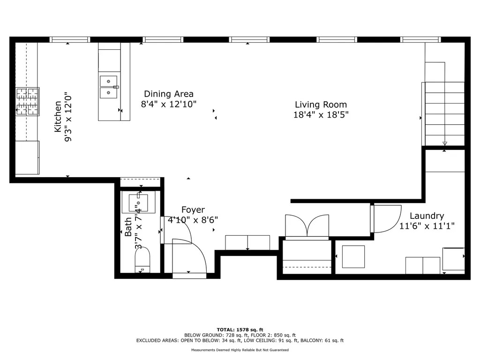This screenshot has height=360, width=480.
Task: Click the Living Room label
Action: click(x=321, y=105)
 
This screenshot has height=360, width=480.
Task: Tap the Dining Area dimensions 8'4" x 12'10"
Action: click(x=169, y=105)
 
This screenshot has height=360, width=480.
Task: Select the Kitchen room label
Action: click(x=58, y=117)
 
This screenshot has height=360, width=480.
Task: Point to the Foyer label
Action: click(x=193, y=210)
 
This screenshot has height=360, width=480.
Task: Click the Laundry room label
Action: click(x=427, y=216)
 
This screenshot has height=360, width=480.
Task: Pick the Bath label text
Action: click(x=128, y=227)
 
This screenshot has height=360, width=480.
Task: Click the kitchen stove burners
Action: click(x=28, y=102)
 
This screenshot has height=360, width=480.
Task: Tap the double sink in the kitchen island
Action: click(x=109, y=87)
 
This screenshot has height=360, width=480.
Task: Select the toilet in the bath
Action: click(x=142, y=260)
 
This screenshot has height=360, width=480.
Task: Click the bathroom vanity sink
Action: click(x=138, y=202)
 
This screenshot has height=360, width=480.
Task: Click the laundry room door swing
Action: click(x=386, y=219)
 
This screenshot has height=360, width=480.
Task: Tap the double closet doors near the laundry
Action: click(x=307, y=226)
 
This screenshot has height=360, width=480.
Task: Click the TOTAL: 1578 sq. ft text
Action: click(x=240, y=330)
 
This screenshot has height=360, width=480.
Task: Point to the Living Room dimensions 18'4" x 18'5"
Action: click(x=321, y=115)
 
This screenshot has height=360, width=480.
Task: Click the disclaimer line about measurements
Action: click(x=240, y=350)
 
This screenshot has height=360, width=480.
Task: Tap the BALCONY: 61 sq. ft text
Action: click(x=322, y=340)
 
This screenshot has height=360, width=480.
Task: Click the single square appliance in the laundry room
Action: click(x=353, y=256)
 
